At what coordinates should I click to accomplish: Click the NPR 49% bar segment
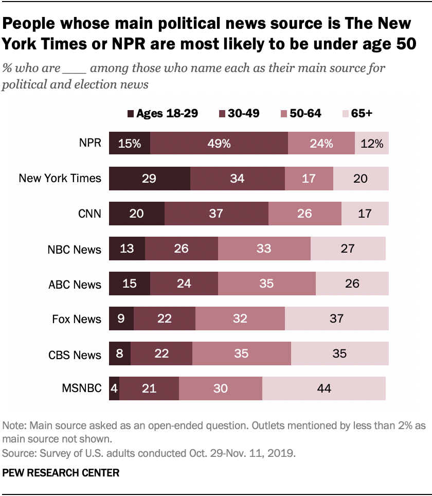tap(219, 143)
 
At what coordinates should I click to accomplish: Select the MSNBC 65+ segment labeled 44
tap(324, 388)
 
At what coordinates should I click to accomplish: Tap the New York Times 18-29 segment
tap(150, 178)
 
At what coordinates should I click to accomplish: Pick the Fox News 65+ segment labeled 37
tap(336, 318)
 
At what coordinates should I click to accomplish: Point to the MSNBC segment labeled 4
tap(114, 388)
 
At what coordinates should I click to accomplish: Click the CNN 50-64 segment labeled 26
tap(304, 213)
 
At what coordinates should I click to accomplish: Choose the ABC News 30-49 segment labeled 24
tap(184, 284)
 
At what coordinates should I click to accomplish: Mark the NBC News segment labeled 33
tap(264, 249)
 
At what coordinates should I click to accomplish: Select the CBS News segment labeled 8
tap(120, 353)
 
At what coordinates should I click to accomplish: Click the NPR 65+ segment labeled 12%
tap(371, 143)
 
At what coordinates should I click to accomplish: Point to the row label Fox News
tap(77, 319)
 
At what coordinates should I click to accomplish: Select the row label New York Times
tap(60, 179)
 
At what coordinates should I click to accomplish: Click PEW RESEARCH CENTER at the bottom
tap(61, 472)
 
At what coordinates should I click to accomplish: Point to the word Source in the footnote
tap(17, 453)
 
